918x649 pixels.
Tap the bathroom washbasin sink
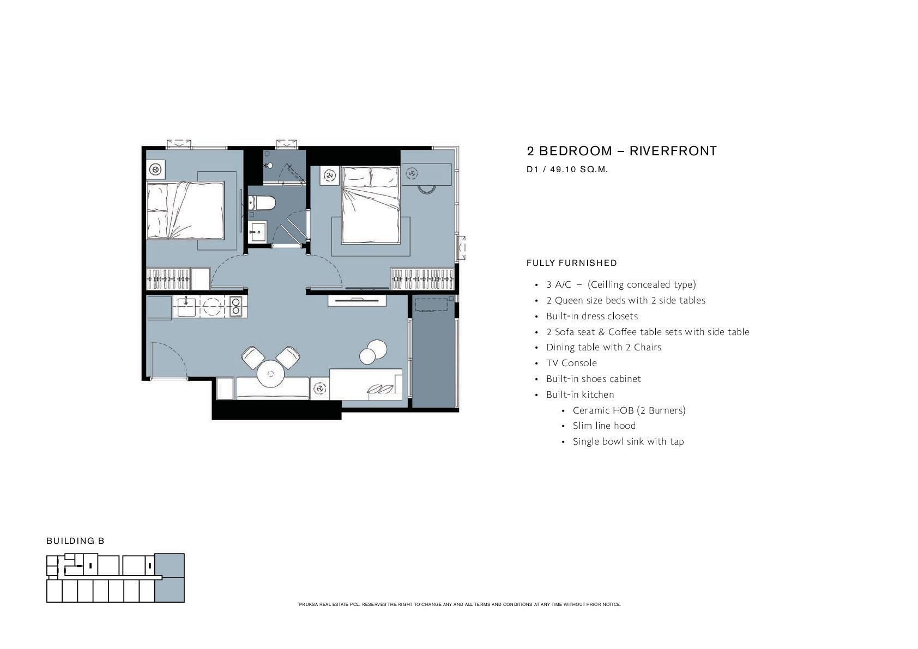pyautogui.click(x=257, y=232)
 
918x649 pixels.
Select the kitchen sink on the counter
pyautogui.click(x=186, y=306)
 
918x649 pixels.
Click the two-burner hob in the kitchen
pyautogui.click(x=235, y=306)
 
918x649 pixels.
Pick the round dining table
pyautogui.click(x=270, y=373)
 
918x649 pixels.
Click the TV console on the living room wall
pyautogui.click(x=357, y=300)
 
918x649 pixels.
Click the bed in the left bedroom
pyautogui.click(x=185, y=210)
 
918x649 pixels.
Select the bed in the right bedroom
pyautogui.click(x=371, y=205)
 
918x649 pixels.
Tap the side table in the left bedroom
pyautogui.click(x=156, y=169)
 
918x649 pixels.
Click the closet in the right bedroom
pyautogui.click(x=422, y=278)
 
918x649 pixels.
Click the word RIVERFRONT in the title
pyautogui.click(x=673, y=151)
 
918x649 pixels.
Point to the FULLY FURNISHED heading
pyautogui.click(x=572, y=263)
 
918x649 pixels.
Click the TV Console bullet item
pyautogui.click(x=571, y=363)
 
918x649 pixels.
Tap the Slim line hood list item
pyautogui.click(x=604, y=426)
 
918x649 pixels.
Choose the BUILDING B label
pyautogui.click(x=75, y=541)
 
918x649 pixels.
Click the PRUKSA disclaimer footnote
pyautogui.click(x=459, y=604)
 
